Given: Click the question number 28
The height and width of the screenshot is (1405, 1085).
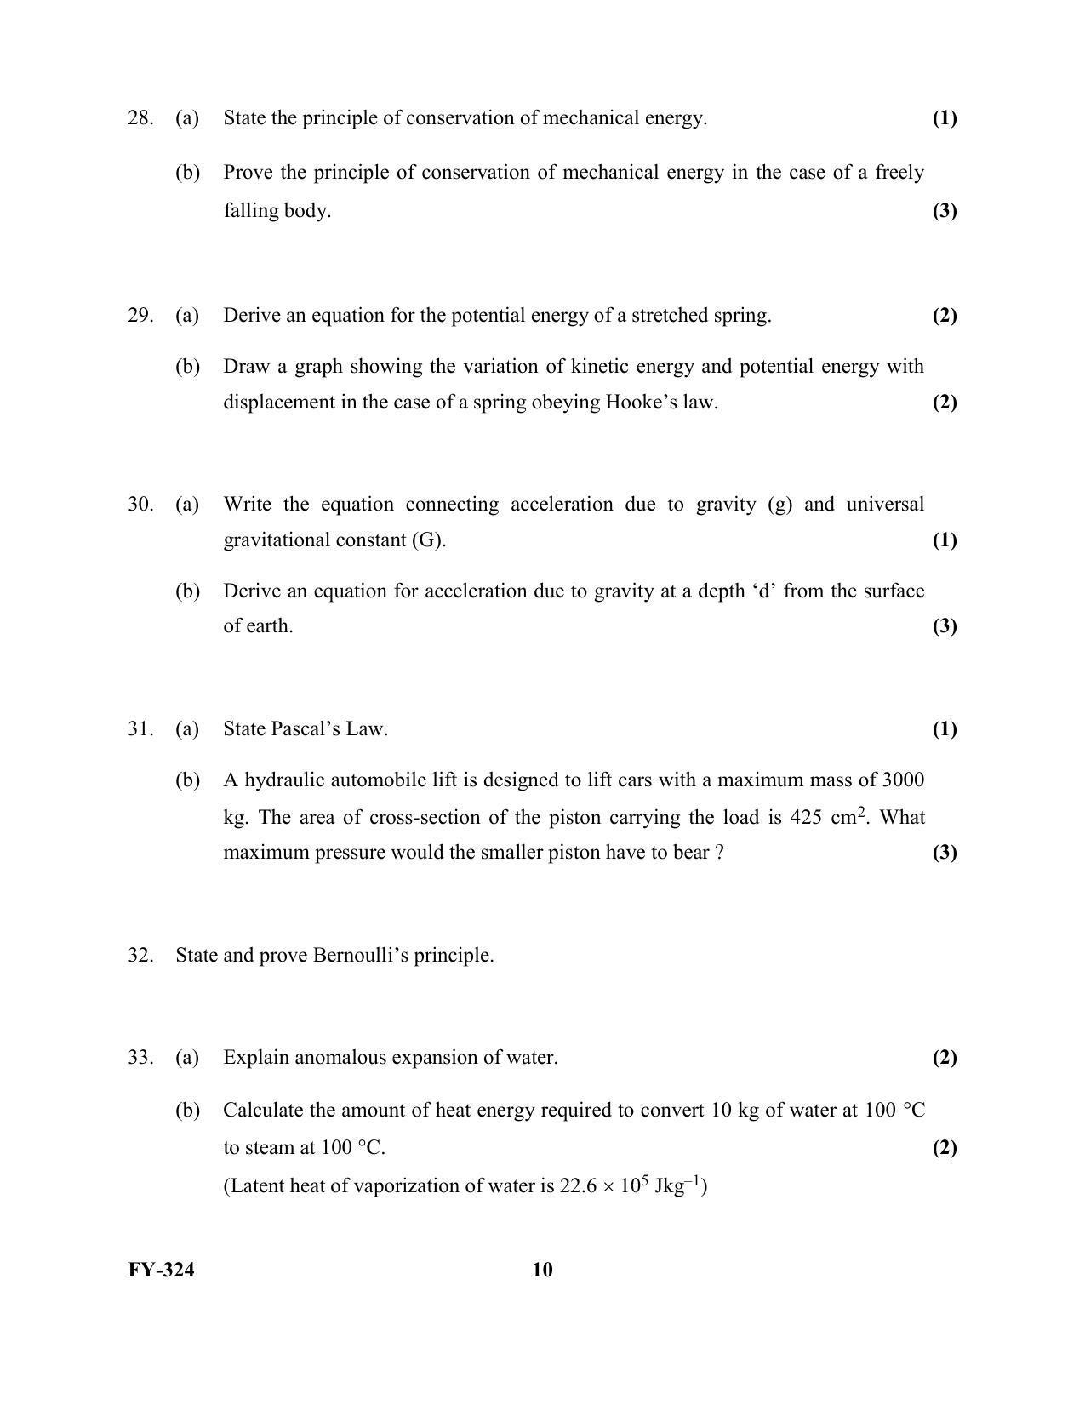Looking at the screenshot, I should [140, 118].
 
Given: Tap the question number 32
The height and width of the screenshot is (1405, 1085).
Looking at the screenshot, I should [140, 956].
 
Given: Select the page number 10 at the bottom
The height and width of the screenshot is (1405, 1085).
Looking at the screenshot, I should [542, 1271].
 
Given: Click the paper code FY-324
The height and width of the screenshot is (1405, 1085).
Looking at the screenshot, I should [161, 1271].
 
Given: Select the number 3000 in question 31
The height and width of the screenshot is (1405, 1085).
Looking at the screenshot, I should [904, 780].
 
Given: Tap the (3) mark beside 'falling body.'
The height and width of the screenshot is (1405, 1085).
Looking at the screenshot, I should [945, 211].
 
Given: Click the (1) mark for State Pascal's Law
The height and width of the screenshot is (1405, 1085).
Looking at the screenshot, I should [945, 729].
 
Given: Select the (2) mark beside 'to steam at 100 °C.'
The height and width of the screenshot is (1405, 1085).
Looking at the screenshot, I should [945, 1148].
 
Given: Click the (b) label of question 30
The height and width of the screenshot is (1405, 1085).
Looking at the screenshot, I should [187, 591].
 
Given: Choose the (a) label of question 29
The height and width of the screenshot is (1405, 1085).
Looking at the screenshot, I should [187, 316].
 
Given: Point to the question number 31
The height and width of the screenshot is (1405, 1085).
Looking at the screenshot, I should [140, 729].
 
